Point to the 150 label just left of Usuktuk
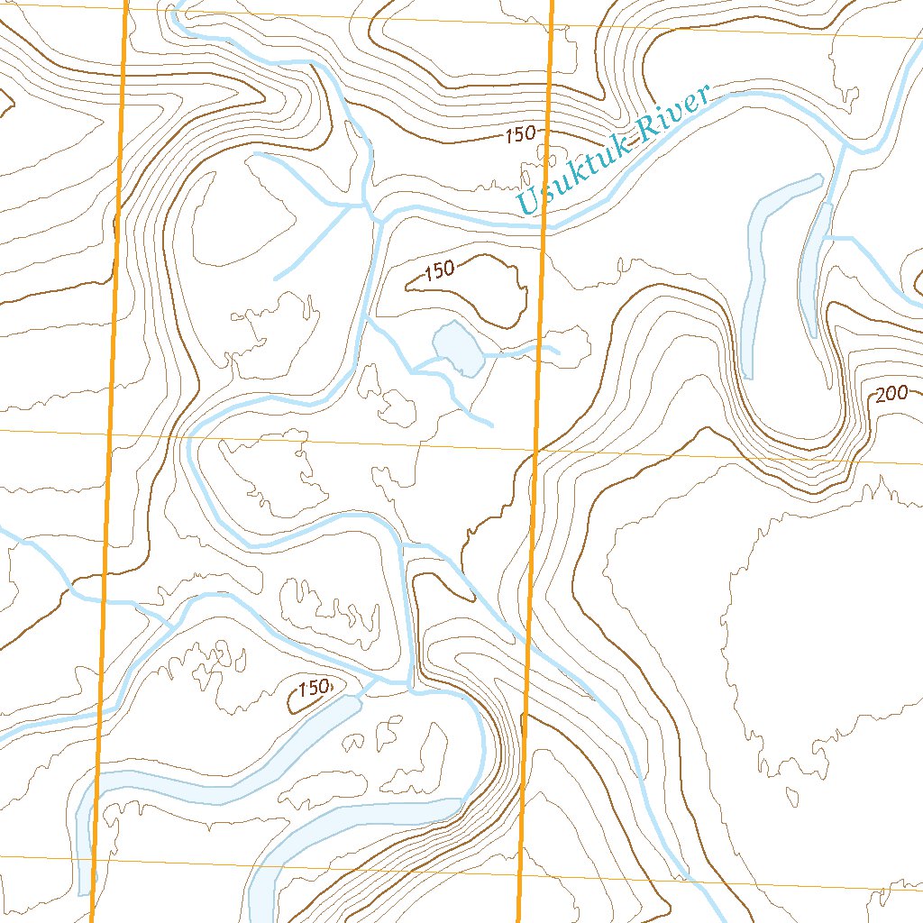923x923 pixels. (521, 135)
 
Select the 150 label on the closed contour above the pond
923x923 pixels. (439, 270)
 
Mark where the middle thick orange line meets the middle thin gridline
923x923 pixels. (535, 449)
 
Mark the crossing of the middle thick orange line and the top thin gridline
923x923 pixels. (551, 21)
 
